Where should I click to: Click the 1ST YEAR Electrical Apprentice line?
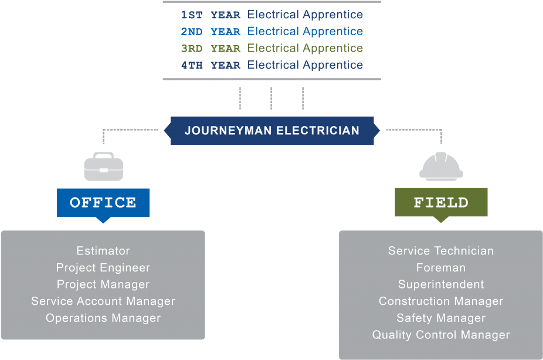[271, 15]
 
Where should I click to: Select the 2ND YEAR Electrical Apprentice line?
[271, 31]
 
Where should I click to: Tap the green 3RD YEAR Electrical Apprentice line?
[271, 48]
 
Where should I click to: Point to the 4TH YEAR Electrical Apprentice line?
[271, 65]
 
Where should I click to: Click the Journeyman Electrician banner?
[272, 130]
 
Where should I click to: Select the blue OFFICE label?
[103, 203]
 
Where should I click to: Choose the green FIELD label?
[441, 203]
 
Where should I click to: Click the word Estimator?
[103, 251]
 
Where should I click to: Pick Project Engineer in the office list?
[103, 268]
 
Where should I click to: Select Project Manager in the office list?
[103, 284]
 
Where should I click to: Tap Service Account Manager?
[103, 301]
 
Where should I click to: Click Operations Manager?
[103, 318]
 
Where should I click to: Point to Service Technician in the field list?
[441, 251]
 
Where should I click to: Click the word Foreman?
[441, 268]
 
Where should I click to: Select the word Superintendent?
[441, 284]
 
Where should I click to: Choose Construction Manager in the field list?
[441, 301]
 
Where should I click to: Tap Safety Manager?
[441, 318]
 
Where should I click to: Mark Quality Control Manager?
[441, 335]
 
